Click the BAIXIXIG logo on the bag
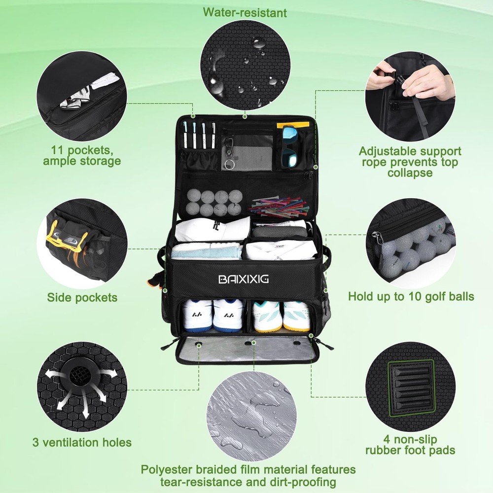(244, 279)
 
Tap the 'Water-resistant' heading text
(245, 13)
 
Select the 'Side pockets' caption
(82, 297)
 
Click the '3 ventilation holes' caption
(82, 442)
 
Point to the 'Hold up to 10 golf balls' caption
(411, 296)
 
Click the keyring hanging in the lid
(229, 164)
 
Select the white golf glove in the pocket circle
(77, 98)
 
